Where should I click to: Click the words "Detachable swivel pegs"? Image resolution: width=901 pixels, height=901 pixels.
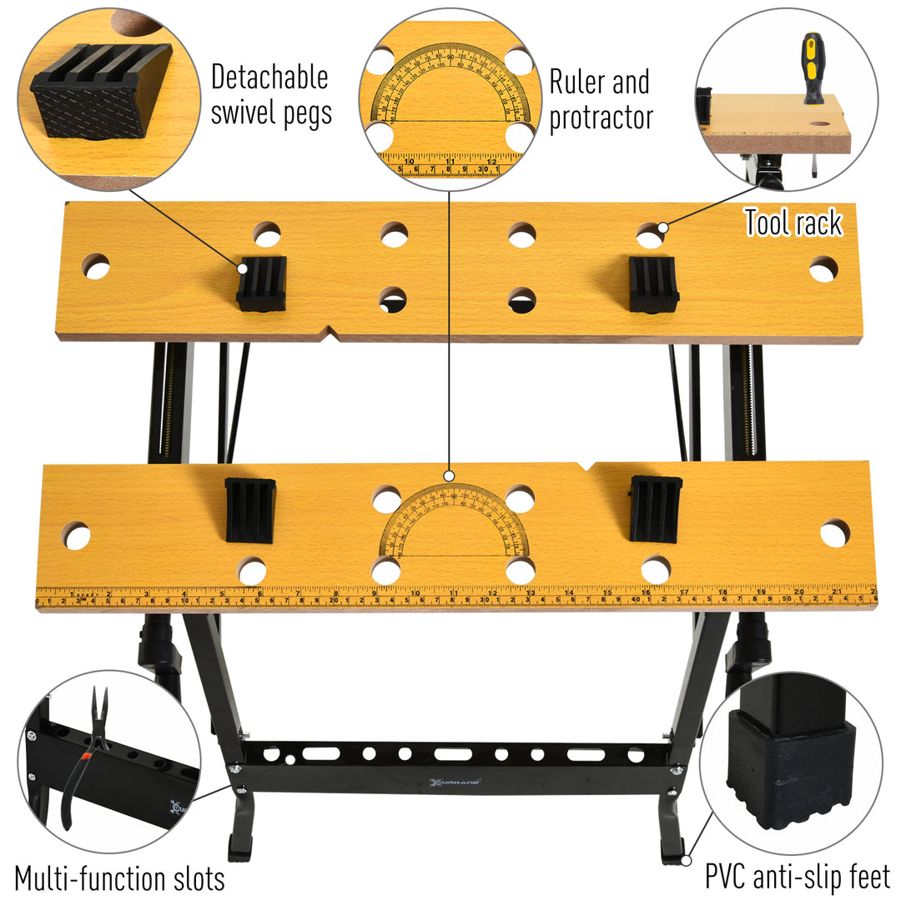tap(269, 95)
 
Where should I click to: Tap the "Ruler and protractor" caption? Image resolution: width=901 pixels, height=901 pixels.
tap(600, 100)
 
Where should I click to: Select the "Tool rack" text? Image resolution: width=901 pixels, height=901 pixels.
tap(793, 223)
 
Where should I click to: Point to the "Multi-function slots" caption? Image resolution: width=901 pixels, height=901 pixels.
tap(119, 878)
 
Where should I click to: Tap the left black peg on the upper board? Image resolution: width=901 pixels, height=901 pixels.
tap(261, 284)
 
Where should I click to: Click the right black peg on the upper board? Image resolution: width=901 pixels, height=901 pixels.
tap(653, 284)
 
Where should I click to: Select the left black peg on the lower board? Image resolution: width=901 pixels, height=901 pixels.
tap(250, 510)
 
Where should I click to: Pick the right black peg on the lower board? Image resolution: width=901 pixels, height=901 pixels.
tap(655, 508)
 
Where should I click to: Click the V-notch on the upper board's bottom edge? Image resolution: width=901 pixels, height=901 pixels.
tap(330, 335)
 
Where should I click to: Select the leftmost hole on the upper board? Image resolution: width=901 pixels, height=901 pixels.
tap(96, 266)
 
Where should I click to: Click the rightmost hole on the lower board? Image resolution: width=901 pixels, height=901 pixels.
tap(834, 533)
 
